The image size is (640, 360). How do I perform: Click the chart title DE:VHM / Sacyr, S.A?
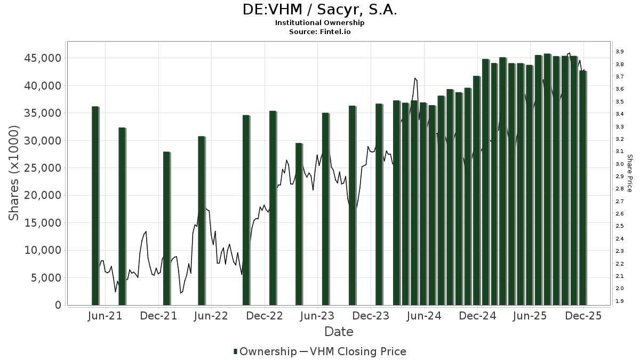320,10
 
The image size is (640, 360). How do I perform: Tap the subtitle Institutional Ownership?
320,23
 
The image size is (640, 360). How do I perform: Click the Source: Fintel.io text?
320,32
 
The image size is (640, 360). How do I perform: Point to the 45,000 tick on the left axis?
43,58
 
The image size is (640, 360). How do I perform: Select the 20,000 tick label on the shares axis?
43,195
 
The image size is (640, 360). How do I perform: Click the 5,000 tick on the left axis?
46,278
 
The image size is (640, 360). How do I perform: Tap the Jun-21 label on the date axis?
105,316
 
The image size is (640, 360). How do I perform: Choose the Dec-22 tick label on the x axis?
265,316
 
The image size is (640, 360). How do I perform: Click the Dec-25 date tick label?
583,316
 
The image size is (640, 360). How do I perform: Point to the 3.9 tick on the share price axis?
620,52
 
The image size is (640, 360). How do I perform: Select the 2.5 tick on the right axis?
620,226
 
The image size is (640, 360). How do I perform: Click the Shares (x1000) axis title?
14,172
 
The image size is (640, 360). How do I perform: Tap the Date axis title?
339,332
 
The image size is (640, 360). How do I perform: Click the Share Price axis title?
629,173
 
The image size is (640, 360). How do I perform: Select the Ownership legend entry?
265,351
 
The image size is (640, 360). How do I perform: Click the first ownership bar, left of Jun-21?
95,205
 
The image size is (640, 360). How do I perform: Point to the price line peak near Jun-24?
414,78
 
